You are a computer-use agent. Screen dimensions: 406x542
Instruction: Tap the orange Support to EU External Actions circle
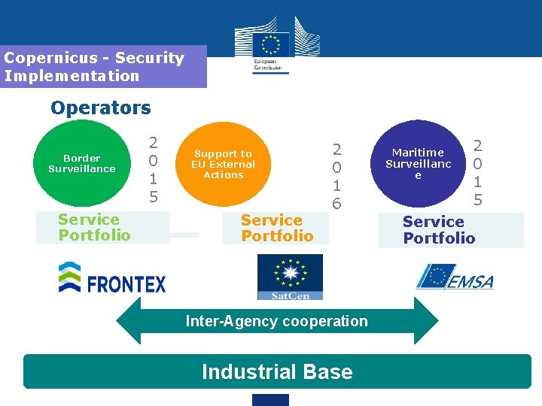tap(223, 164)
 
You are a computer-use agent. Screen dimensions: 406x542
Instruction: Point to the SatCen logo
tap(290, 277)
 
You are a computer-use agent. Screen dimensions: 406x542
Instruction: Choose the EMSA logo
tap(455, 277)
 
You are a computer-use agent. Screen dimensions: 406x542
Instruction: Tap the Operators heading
tap(101, 108)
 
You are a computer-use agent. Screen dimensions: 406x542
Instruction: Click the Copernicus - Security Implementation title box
tap(103, 66)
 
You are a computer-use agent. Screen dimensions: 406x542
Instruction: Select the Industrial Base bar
tap(277, 371)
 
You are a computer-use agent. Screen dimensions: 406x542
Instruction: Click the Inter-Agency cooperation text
tap(277, 321)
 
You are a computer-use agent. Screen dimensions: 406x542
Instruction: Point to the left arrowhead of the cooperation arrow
tap(129, 321)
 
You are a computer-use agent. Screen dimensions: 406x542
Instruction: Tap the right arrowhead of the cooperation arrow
tap(425, 321)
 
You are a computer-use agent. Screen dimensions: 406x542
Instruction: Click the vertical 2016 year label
tap(336, 176)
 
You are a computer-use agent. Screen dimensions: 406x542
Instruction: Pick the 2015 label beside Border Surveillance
tap(153, 169)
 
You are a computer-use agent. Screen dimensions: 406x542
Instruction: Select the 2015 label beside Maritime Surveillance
tap(477, 172)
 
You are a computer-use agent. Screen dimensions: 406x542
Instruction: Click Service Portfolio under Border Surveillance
tap(94, 227)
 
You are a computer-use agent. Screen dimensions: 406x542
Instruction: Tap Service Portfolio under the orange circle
tap(276, 228)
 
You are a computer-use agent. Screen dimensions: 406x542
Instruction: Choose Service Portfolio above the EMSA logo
tap(439, 230)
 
